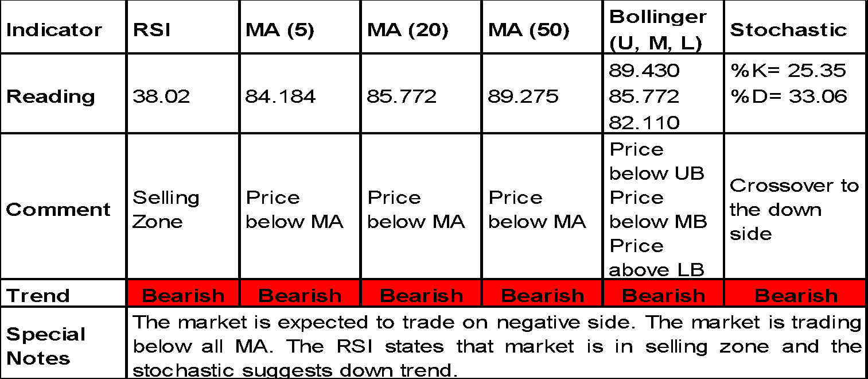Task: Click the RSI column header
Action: click(151, 30)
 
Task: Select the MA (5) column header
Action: click(280, 30)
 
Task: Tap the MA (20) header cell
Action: click(408, 30)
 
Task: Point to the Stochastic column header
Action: click(789, 30)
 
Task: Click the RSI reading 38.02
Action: click(161, 96)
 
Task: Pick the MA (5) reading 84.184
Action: click(281, 96)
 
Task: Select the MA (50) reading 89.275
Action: click(523, 96)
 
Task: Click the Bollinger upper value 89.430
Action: click(644, 71)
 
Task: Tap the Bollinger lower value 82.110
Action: click(644, 122)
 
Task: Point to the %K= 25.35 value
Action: click(788, 71)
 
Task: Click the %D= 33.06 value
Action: click(789, 96)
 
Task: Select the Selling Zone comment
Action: click(166, 210)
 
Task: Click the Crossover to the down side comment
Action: click(795, 210)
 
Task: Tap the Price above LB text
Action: click(657, 258)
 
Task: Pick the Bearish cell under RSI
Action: click(183, 296)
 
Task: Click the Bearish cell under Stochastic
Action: click(796, 296)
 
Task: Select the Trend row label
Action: click(38, 296)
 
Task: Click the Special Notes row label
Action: click(46, 346)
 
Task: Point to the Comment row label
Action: click(58, 210)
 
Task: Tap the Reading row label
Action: click(50, 97)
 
